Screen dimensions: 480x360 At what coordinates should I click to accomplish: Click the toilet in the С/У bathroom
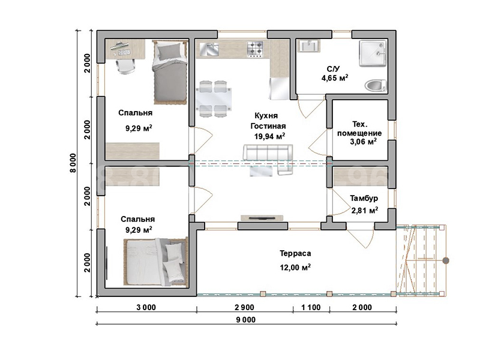coord(376,85)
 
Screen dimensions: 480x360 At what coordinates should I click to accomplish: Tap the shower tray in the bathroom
coord(373,54)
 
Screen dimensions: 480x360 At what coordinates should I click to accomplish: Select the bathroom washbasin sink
coord(308,46)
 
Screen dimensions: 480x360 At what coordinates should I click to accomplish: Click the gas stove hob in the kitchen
coord(255,49)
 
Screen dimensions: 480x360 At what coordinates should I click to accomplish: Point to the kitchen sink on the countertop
coord(209,49)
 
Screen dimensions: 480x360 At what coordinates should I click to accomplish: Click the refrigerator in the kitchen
coord(279,89)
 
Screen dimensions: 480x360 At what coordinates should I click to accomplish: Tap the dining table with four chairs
coord(213,99)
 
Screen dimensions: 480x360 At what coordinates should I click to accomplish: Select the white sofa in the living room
coord(268,157)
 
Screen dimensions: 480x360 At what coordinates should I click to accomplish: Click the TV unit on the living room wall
coord(262,218)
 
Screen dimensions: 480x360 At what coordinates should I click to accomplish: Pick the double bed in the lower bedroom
coord(155,263)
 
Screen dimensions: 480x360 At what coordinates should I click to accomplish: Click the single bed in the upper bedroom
coord(170,73)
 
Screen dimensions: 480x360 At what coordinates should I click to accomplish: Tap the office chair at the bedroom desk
coord(126,67)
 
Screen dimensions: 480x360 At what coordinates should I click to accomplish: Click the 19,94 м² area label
coord(269,136)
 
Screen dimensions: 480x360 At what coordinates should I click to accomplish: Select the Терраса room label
coord(295,253)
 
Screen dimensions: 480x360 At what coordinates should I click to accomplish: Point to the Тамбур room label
coord(364,199)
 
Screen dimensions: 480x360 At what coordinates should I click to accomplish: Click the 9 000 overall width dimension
coord(246,320)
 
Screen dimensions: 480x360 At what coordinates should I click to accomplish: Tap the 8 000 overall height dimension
coord(73,163)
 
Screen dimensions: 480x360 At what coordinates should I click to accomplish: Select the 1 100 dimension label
coord(311,307)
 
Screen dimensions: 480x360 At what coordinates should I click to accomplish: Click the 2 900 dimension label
coord(245,307)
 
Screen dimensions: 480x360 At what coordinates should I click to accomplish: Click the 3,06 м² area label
coord(363,142)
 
